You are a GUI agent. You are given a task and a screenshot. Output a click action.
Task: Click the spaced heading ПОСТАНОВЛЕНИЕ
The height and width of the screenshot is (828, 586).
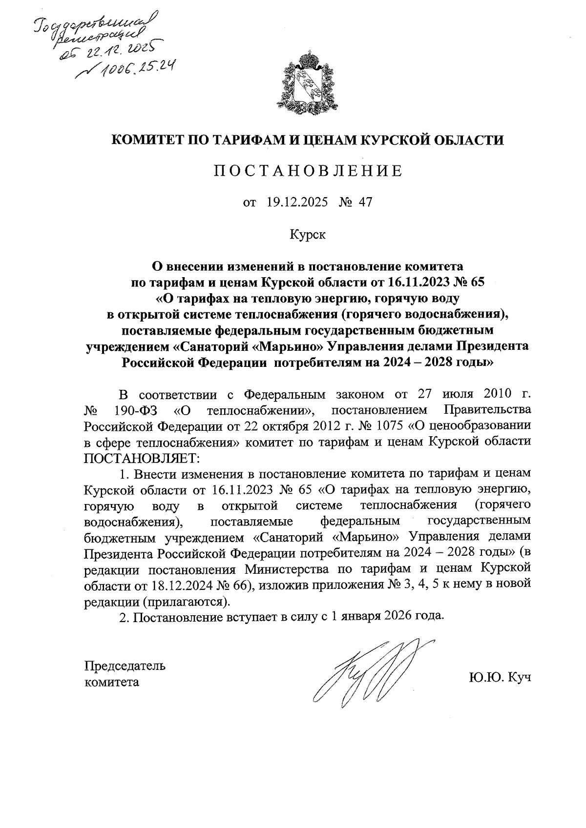(x=308, y=171)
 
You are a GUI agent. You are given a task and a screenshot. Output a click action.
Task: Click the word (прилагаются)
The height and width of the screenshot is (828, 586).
(x=186, y=600)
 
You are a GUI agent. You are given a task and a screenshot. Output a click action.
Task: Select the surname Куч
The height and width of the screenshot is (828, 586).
(x=519, y=678)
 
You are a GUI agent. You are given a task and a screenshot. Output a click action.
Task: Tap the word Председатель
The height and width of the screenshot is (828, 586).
(x=125, y=666)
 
